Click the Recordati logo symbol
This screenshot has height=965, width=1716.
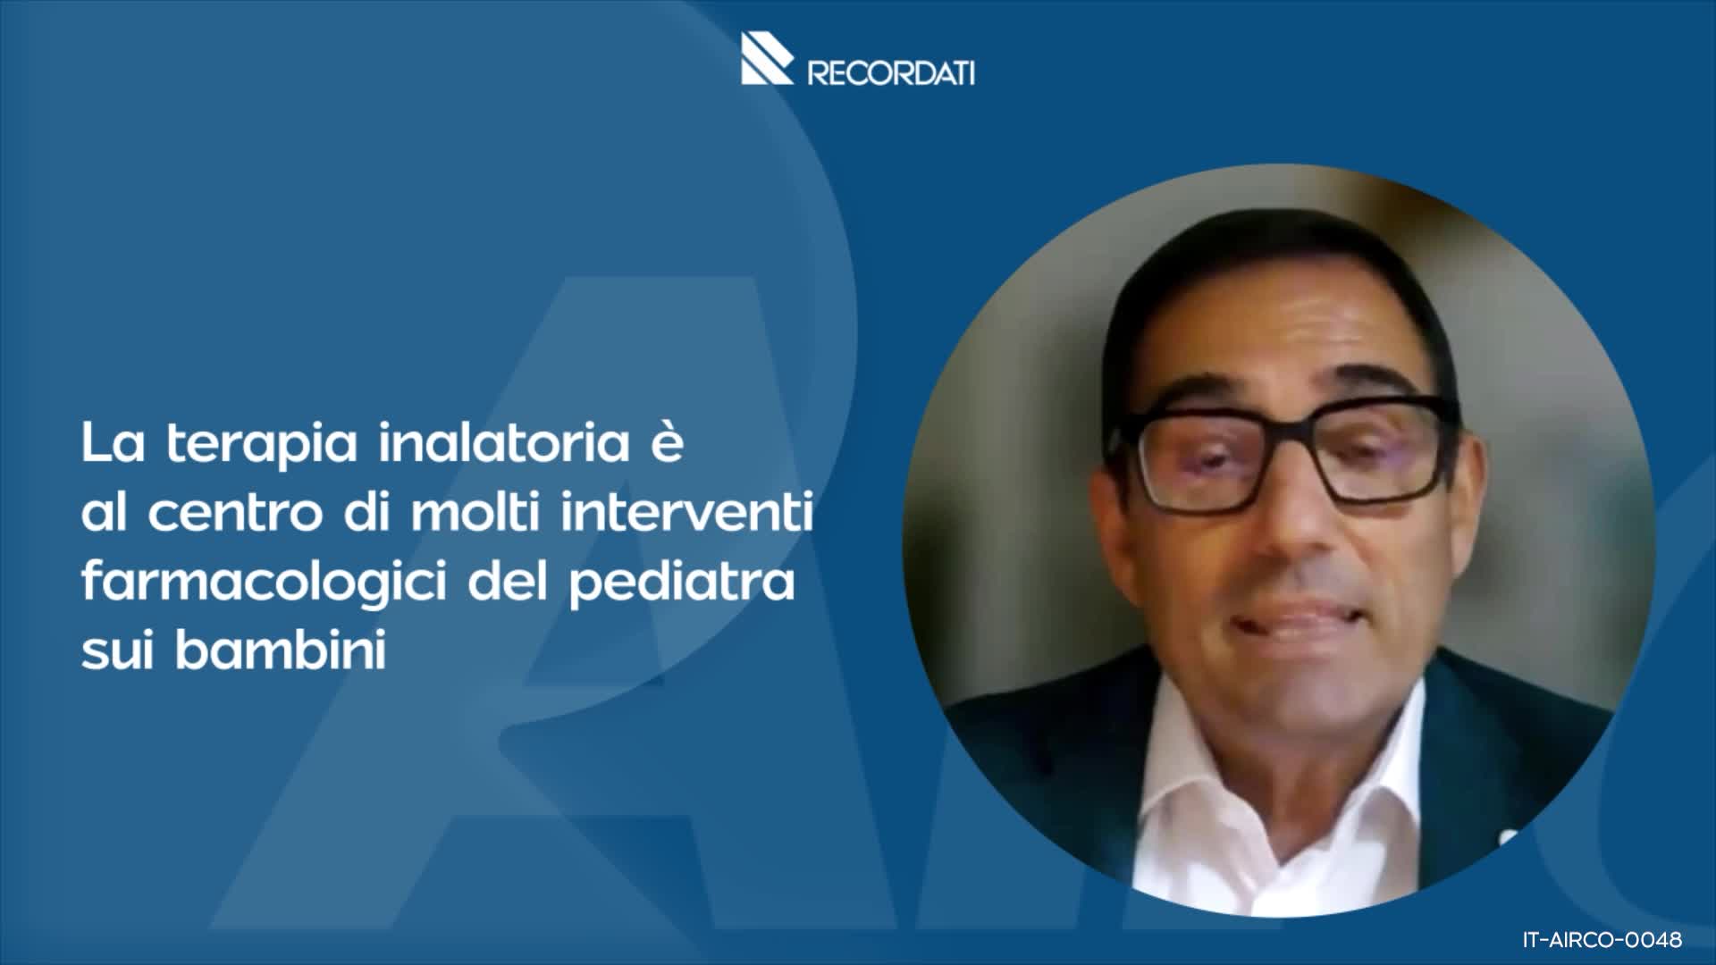pyautogui.click(x=766, y=59)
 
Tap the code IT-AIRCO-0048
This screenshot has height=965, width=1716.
pyautogui.click(x=1602, y=940)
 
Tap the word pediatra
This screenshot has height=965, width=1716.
pyautogui.click(x=682, y=583)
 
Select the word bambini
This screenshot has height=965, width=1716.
pyautogui.click(x=281, y=650)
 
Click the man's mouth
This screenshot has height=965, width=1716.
pyautogui.click(x=1296, y=621)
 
